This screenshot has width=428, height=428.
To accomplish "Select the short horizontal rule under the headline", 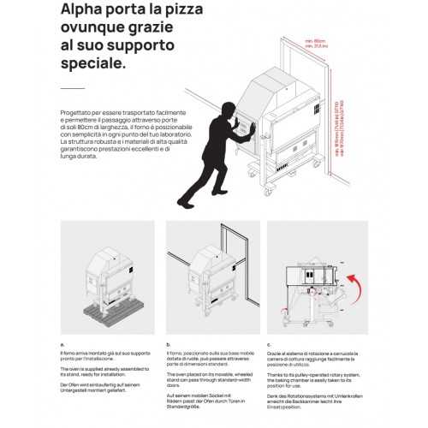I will pyautogui.click(x=73, y=88).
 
